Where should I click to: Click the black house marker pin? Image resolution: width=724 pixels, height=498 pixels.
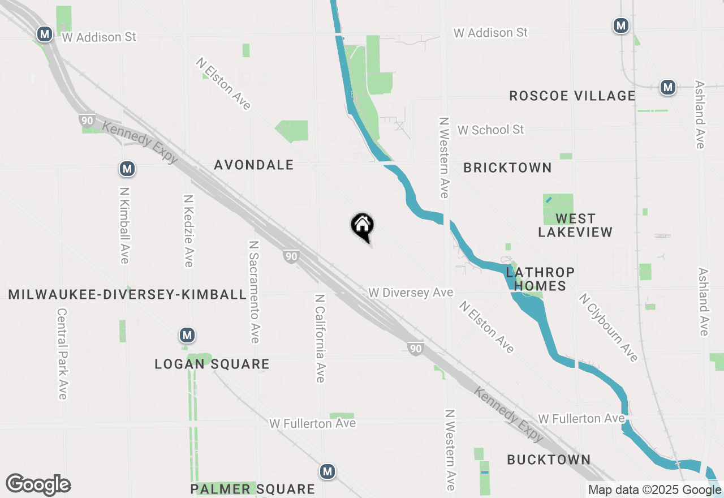pos(363,226)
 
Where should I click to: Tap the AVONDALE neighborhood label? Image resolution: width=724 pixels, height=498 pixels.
pos(254,165)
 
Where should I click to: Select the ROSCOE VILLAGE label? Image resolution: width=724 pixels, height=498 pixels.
pos(572,96)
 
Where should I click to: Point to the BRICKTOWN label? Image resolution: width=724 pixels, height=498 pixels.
pos(507,168)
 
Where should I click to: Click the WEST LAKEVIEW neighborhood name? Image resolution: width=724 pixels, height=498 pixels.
pos(575,225)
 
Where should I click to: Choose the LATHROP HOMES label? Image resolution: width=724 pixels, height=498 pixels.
pos(540,279)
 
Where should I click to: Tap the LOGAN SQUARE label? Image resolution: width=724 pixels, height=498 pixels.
pos(212,364)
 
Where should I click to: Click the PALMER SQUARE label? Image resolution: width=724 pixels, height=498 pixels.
pos(252,489)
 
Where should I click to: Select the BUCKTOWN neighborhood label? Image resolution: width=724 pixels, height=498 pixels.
pos(549,460)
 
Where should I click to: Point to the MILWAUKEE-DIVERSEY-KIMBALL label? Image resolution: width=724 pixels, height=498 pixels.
pos(128,294)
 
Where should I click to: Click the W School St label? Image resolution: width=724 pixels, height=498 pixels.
pos(491,130)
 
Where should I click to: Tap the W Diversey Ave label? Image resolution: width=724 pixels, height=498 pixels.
pos(411,293)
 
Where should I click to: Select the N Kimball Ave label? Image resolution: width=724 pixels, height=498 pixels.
pos(124,226)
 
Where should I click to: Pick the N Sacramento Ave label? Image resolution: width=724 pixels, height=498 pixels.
pos(254,291)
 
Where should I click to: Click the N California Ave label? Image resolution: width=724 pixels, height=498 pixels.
pos(320,338)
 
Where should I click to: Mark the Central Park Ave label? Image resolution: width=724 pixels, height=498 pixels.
pos(62,354)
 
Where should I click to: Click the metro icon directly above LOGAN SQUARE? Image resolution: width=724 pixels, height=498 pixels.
pos(187,335)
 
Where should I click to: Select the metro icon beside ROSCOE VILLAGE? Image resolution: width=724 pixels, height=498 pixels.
pos(668,87)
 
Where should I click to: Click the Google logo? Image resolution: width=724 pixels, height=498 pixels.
pos(38,485)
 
